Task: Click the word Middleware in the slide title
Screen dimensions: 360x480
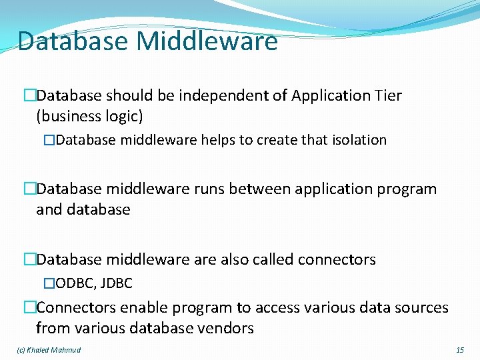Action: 207,41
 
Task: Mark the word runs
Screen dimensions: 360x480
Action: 209,189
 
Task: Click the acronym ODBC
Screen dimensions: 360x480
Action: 75,283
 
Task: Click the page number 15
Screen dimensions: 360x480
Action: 460,350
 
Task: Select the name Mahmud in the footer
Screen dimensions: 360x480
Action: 67,350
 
